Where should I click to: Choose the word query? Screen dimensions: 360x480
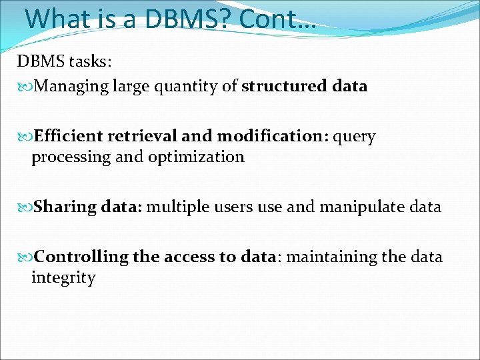354,137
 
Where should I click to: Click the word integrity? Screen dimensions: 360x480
63,278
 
